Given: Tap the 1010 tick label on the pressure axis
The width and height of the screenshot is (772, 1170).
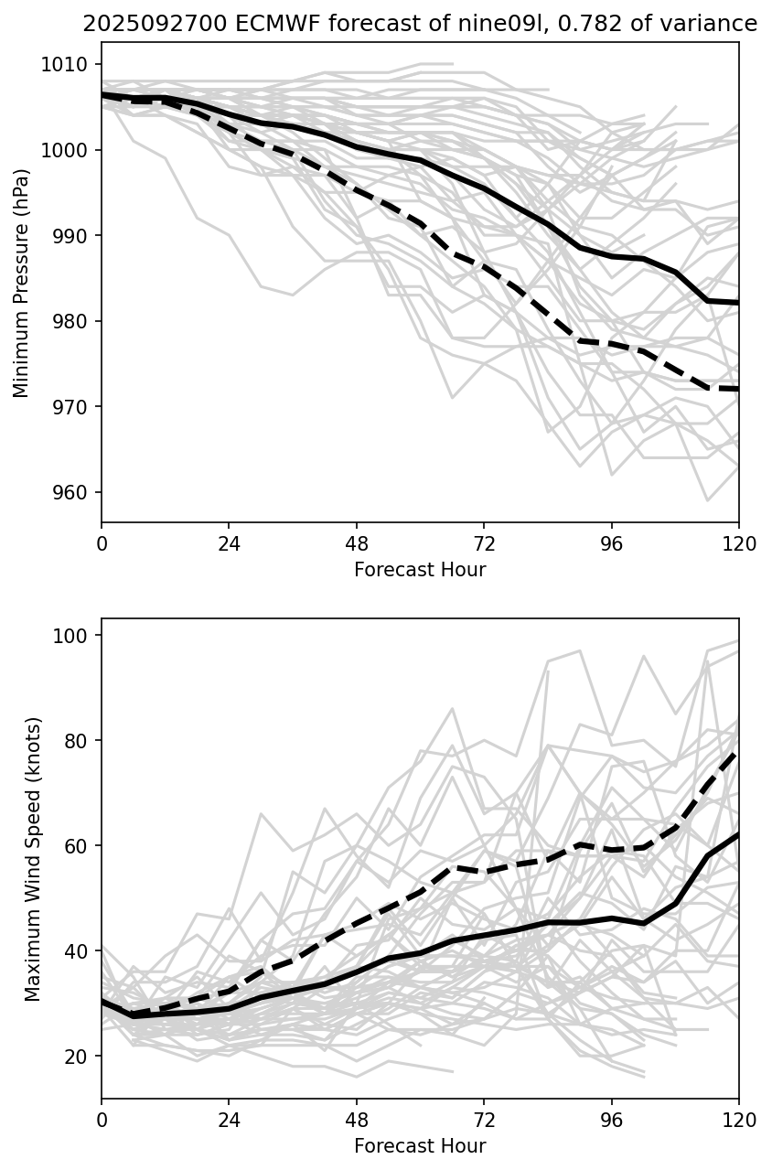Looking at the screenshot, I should [x=71, y=64].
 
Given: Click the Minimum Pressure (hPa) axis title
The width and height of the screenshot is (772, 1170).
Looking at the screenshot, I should [x=22, y=283].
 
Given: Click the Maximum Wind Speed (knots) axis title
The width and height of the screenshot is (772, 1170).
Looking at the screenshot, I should [x=33, y=858].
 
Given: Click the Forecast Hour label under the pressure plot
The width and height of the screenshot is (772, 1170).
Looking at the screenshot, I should [x=420, y=570].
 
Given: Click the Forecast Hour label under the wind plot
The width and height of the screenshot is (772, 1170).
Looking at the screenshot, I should [x=420, y=1146].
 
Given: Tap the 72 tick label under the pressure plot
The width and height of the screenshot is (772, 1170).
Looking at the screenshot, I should [x=484, y=544].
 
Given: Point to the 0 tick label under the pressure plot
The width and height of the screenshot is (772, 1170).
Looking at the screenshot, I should [x=102, y=544].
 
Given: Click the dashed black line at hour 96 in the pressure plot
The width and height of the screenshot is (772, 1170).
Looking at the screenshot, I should [x=612, y=344].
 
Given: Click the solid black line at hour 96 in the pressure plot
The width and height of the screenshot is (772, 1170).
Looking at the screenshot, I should [x=612, y=256].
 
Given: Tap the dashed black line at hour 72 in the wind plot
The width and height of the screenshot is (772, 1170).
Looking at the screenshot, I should [x=484, y=872].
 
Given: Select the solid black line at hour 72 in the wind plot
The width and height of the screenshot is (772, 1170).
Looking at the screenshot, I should [x=484, y=935].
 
